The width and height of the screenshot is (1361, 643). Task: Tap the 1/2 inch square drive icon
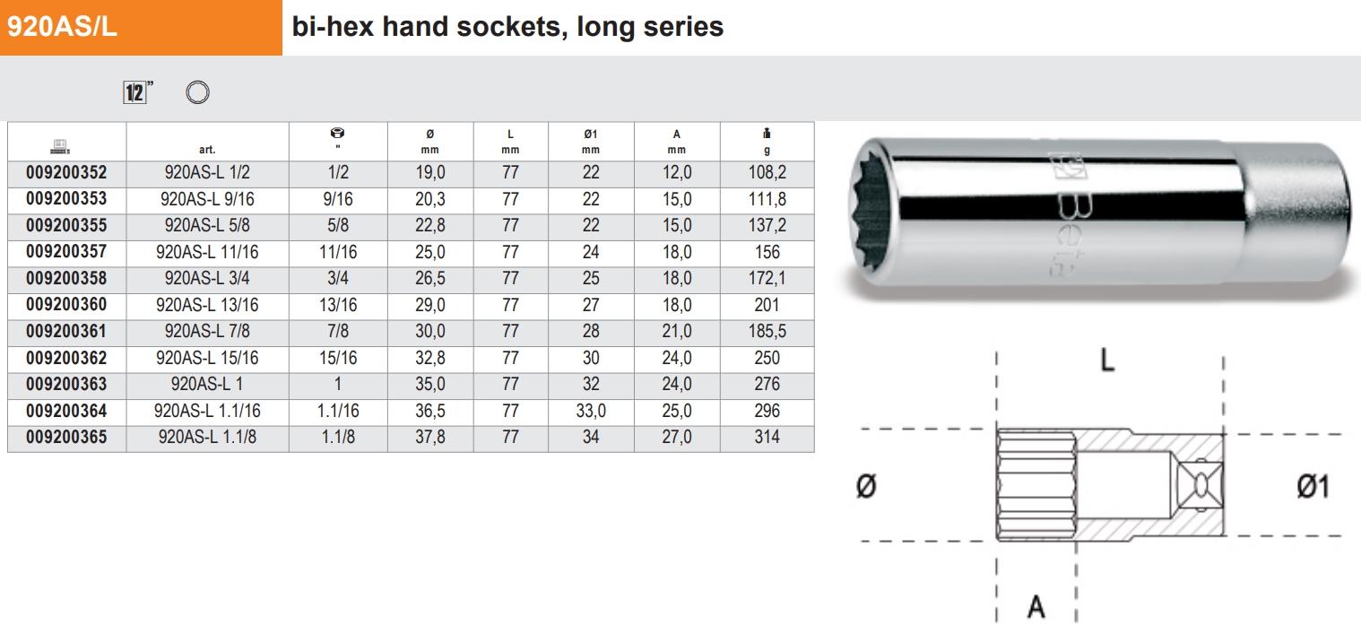tap(135, 92)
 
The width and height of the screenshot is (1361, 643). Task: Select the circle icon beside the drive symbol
tap(197, 92)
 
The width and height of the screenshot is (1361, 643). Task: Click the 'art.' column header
tap(207, 149)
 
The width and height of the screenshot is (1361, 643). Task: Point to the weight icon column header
tap(767, 133)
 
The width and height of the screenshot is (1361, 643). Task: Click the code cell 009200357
tap(66, 252)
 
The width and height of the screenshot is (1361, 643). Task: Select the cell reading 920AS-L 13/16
tap(207, 305)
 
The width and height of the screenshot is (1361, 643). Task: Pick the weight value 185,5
tap(767, 331)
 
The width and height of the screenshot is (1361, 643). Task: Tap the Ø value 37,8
tap(430, 437)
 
